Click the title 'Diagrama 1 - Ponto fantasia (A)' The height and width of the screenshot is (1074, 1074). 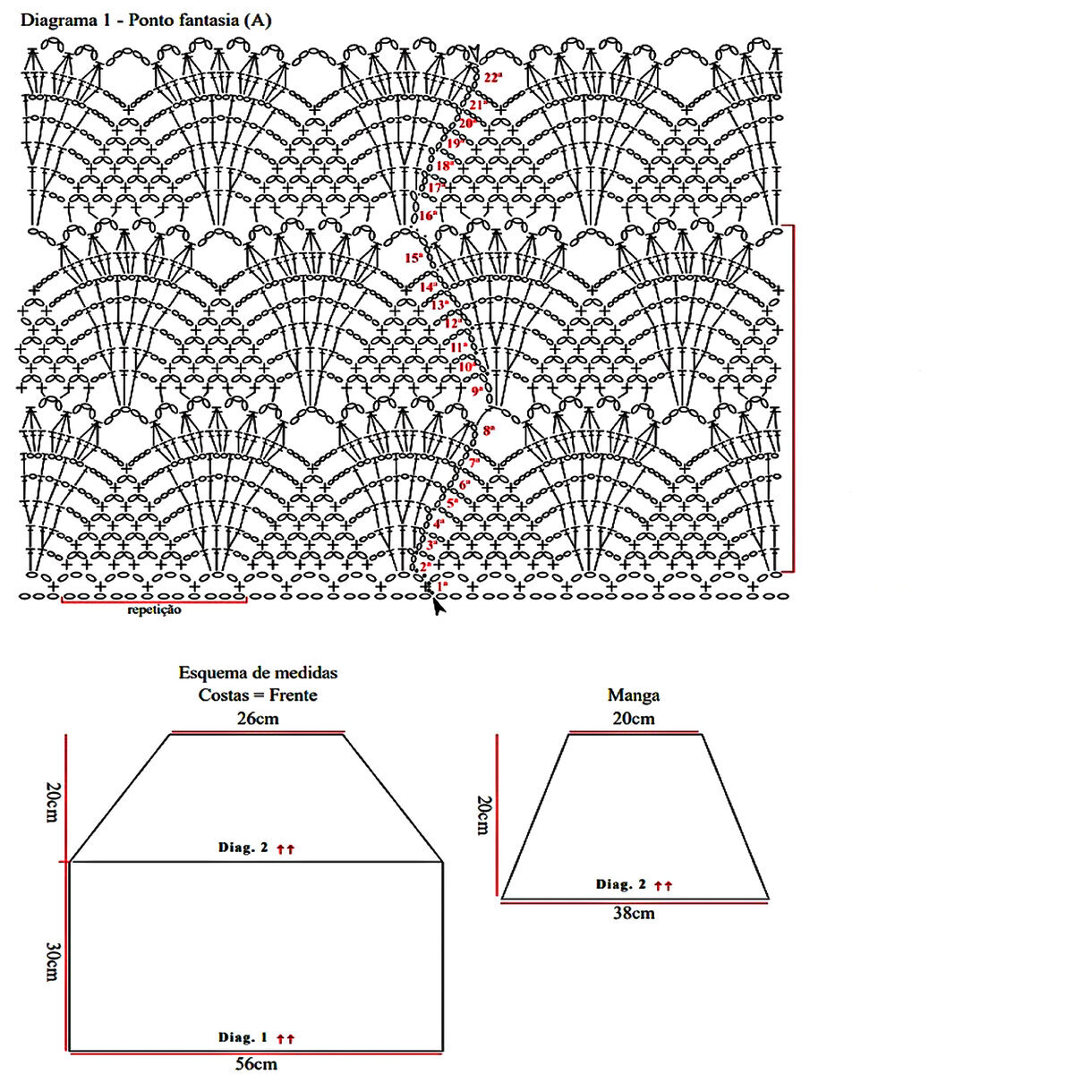pos(146,20)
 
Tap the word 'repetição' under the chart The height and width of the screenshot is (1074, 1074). pos(154,610)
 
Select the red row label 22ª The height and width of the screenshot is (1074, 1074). pos(493,78)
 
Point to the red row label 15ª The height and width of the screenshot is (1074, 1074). pos(413,258)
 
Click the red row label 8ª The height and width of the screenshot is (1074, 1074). pos(489,430)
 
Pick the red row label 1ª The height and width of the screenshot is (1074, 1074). pos(442,585)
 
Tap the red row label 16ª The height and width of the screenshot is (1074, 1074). pos(428,216)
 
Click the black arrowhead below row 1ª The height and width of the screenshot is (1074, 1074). pos(439,607)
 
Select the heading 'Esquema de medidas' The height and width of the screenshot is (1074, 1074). pos(258,672)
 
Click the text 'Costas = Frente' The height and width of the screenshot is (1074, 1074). pos(258,695)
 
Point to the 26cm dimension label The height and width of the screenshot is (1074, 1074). pos(258,719)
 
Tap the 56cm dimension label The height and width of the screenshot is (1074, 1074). pos(256,1063)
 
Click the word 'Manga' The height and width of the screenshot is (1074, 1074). pos(634,695)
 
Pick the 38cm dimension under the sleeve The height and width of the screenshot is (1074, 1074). pos(634,913)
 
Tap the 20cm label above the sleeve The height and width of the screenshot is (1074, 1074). pos(634,719)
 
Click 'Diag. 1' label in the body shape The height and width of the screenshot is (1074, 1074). pos(243,1037)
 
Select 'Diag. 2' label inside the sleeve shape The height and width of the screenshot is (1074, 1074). pos(621,884)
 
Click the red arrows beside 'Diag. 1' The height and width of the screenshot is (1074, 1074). pos(286,1038)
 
